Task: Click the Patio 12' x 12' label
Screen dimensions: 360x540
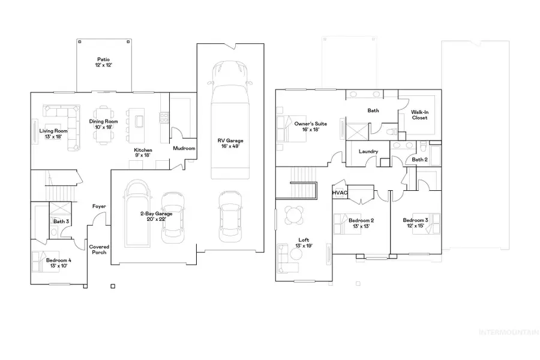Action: click(103, 62)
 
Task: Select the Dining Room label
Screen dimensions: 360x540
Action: click(104, 124)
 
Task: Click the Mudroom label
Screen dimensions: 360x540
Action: click(184, 148)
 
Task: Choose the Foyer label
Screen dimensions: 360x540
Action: click(98, 206)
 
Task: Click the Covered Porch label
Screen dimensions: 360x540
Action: click(98, 250)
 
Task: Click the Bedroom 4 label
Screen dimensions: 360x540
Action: click(59, 263)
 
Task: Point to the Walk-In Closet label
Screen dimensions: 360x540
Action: click(419, 115)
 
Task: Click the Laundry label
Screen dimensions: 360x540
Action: click(368, 152)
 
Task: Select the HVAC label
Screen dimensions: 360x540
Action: click(340, 193)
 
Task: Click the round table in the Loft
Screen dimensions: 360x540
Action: click(295, 214)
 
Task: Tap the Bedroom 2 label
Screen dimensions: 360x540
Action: click(361, 223)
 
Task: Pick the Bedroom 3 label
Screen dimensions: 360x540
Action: click(415, 223)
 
